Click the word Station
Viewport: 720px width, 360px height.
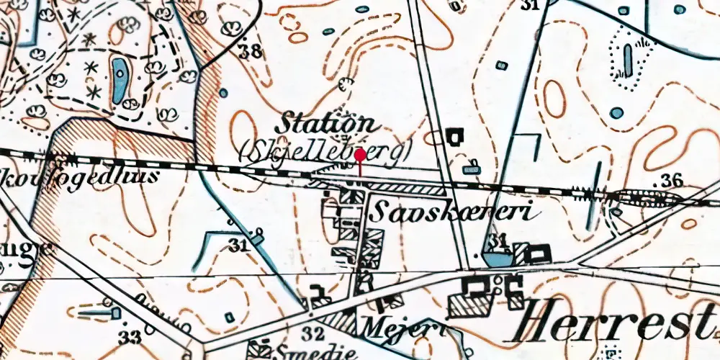coord(318,122)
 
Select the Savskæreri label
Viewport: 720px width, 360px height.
coord(452,212)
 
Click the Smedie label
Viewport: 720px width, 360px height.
coord(307,352)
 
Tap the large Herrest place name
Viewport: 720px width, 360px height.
coord(619,317)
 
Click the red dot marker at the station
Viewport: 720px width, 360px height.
coord(359,154)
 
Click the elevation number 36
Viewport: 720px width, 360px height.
coord(672,179)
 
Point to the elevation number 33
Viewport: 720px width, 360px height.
coord(130,337)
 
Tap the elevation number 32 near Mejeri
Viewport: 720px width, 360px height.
coord(312,333)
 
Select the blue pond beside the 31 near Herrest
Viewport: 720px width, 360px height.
coord(494,257)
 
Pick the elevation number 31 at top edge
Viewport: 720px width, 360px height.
coord(531,6)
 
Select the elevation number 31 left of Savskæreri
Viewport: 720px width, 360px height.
coord(238,246)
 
